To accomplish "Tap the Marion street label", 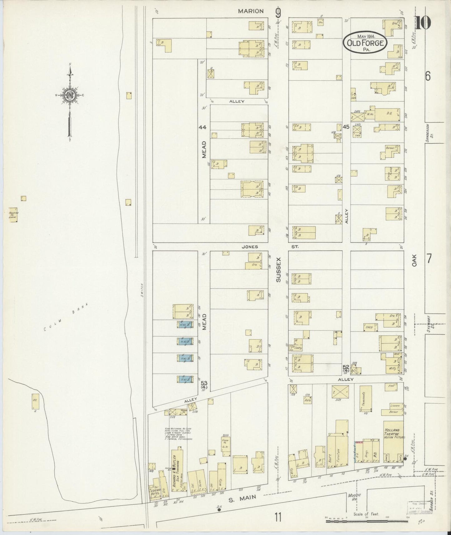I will pyautogui.click(x=251, y=11).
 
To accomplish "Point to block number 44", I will pyautogui.click(x=203, y=127).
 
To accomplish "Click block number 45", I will pyautogui.click(x=346, y=127).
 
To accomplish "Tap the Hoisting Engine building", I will pyautogui.click(x=13, y=215).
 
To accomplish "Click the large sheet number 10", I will pyautogui.click(x=423, y=22).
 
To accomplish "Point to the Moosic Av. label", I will pyautogui.click(x=352, y=497).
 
